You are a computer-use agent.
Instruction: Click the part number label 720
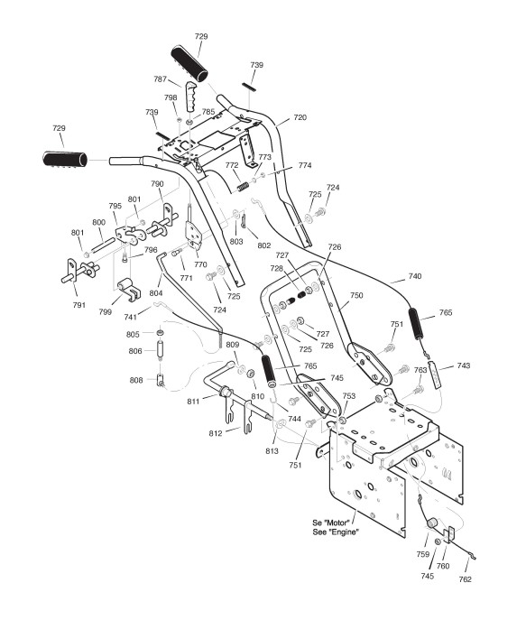(x=300, y=117)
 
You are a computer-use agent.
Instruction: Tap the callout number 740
(x=415, y=276)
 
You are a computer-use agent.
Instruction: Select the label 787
(x=160, y=79)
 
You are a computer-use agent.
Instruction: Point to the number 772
(x=232, y=165)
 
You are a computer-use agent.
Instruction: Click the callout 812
(x=216, y=433)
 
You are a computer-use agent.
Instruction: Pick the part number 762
(x=465, y=578)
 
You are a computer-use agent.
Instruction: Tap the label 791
(x=79, y=305)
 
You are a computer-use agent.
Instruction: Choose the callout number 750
(x=356, y=295)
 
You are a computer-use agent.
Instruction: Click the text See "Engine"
(x=336, y=532)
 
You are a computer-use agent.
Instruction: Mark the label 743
(x=464, y=365)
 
